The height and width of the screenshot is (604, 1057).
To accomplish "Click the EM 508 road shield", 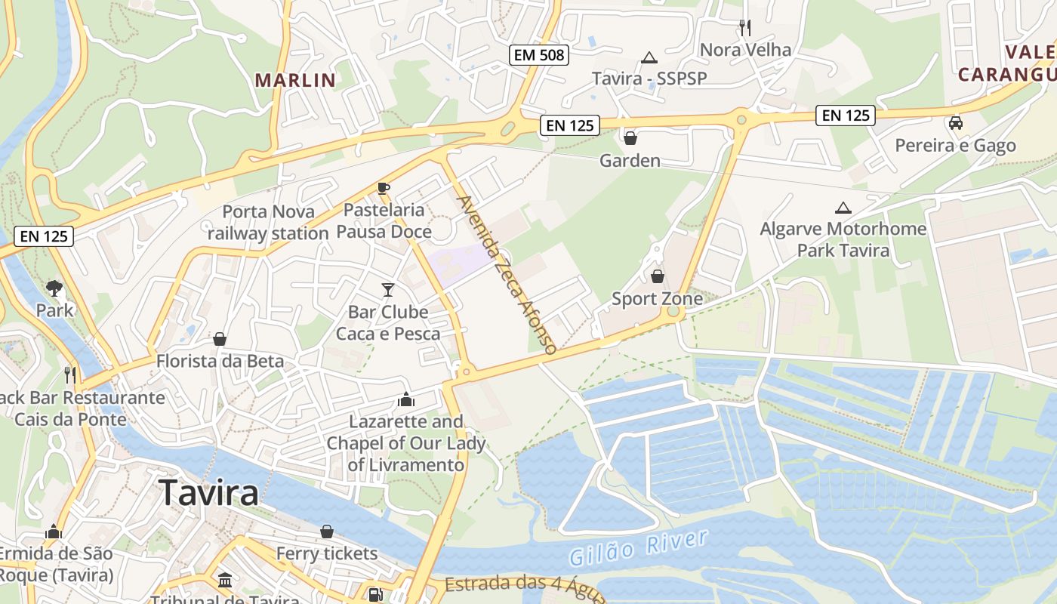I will coord(538,55).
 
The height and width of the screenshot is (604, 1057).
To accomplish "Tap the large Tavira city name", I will coord(209,493).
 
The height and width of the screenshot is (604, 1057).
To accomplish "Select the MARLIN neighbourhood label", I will coord(294,80).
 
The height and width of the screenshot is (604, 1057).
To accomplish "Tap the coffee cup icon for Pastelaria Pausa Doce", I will coord(384,188).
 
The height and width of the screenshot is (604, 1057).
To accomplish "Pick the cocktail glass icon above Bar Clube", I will coord(388,289).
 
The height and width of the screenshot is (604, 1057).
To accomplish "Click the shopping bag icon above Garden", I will coord(630,138).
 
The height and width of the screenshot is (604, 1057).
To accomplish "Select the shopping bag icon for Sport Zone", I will coord(657,276).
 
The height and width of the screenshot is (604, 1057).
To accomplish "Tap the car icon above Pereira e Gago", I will coord(955,122).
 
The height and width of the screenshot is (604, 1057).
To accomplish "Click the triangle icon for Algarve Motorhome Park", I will coord(843,207).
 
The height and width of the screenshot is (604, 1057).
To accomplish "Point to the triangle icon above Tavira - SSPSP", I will coord(649,57).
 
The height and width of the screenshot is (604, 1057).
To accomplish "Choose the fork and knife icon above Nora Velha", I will coord(745,28).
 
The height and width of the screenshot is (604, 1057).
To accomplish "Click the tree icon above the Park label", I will coord(54,288).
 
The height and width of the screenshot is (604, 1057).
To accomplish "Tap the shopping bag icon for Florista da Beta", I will coord(220,339).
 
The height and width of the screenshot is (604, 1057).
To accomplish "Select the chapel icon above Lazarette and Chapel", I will coord(405,399).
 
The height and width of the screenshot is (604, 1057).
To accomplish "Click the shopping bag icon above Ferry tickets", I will coord(327,532).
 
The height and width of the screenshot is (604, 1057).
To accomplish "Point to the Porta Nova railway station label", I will coord(268,223).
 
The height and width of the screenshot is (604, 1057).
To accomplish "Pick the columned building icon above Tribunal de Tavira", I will coord(225,580).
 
